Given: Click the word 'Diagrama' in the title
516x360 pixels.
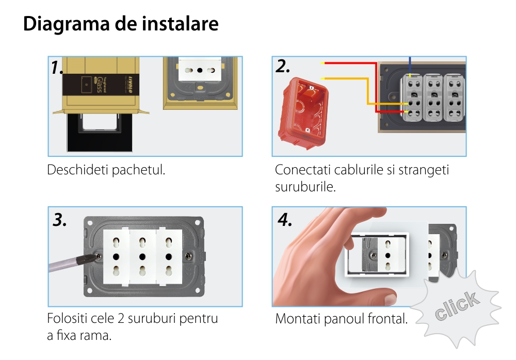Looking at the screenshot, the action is (66, 24).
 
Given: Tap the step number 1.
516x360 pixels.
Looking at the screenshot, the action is (57, 68).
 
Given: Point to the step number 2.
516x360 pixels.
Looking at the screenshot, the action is (283, 66).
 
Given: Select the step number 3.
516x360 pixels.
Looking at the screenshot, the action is (59, 220).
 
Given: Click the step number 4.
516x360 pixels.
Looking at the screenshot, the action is (285, 220).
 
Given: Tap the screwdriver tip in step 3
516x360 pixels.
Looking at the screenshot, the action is (98, 256).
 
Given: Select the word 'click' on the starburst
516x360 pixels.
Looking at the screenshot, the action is (457, 306).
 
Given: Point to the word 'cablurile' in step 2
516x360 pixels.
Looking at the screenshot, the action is (359, 170).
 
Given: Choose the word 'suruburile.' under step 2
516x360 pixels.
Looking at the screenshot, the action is (305, 187).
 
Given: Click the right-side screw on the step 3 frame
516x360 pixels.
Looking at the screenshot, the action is (188, 256).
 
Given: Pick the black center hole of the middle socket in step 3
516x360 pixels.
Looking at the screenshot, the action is (142, 257).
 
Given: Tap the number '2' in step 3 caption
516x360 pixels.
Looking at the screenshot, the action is (121, 319).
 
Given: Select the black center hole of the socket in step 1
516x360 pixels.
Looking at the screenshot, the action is (200, 70).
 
